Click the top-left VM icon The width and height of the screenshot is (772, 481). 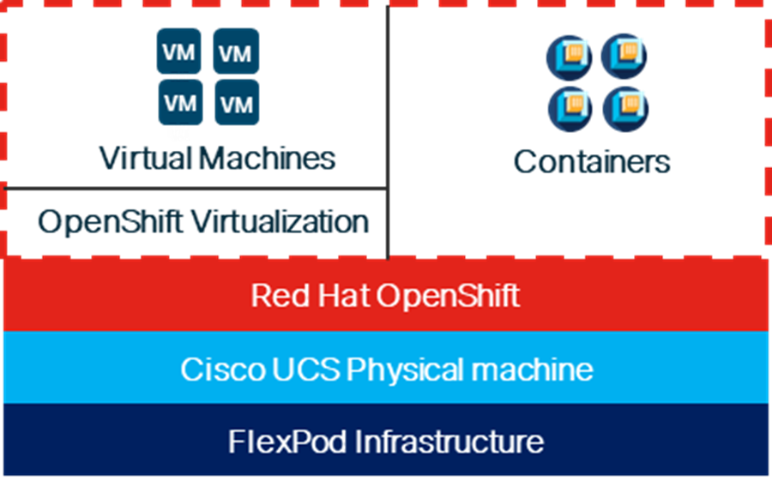[x=179, y=51]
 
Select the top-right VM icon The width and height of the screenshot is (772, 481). [x=236, y=51]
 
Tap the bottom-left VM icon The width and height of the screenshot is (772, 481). [x=179, y=103]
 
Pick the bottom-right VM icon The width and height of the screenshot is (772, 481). [x=236, y=103]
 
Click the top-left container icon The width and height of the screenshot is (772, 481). [x=569, y=57]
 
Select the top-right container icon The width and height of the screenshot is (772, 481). [x=624, y=57]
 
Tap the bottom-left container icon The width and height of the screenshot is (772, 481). [x=569, y=108]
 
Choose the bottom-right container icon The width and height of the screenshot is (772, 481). [x=624, y=108]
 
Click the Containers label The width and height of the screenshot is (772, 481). [x=592, y=161]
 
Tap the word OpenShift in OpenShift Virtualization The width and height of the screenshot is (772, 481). [x=111, y=222]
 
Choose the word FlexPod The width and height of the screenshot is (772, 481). [x=287, y=442]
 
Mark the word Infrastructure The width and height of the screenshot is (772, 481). [x=449, y=442]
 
